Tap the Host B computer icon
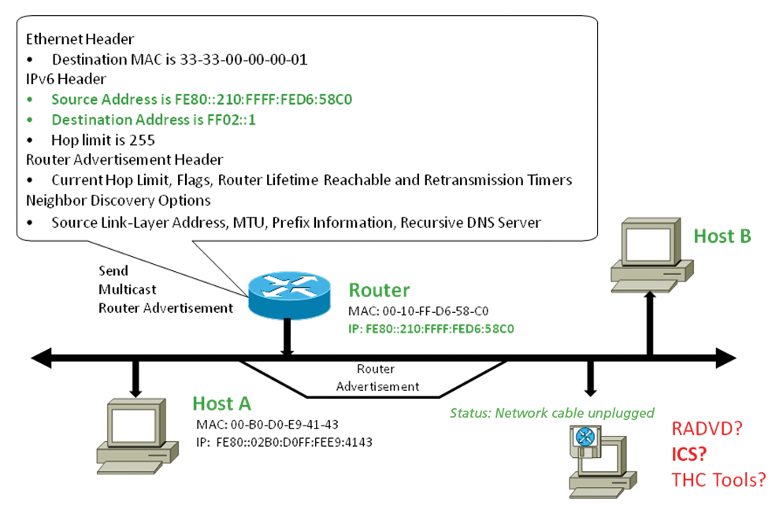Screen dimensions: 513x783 [648, 252]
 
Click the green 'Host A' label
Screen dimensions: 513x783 [221, 403]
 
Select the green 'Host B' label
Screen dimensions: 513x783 [722, 236]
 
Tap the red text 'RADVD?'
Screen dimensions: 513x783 [707, 429]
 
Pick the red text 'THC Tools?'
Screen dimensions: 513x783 [718, 479]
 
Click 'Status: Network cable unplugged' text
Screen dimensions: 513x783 [551, 413]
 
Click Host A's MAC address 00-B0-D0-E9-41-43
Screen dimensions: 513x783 [267, 426]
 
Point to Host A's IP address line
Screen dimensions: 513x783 [284, 442]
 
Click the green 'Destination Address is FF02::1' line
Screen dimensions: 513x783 [154, 120]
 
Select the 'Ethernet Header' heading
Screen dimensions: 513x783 [80, 39]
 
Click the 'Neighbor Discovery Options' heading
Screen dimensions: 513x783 [118, 201]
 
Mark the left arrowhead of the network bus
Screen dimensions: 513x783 [43, 359]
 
